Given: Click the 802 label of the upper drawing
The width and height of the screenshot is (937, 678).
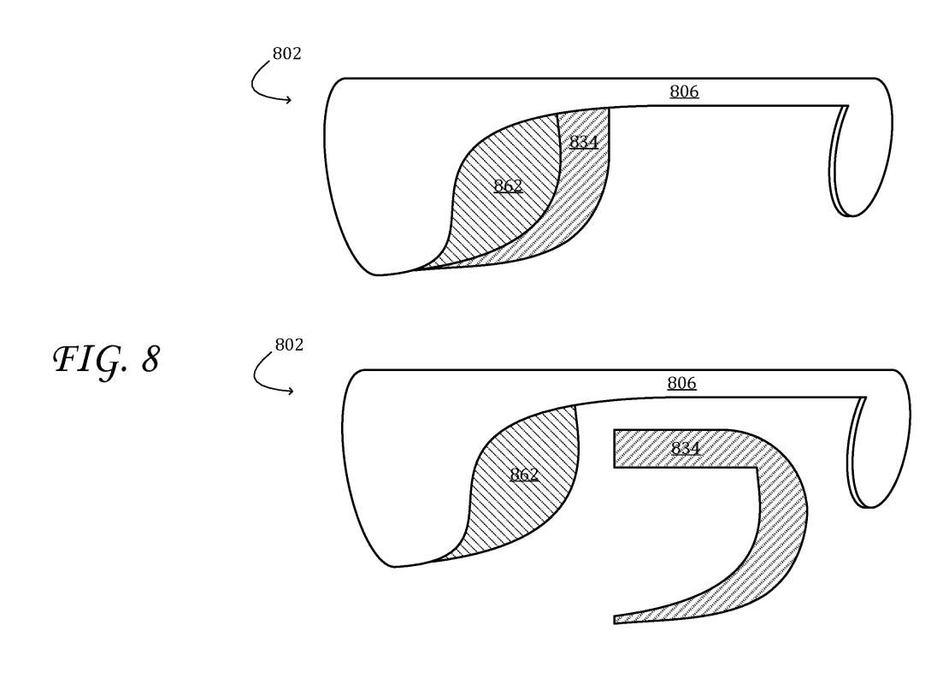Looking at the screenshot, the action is tap(287, 54).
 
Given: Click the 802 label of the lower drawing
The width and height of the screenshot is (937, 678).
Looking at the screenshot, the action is tap(289, 345).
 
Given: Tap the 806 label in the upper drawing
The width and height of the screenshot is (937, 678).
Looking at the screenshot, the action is tap(684, 91).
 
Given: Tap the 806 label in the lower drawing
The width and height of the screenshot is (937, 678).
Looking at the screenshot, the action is tap(682, 383).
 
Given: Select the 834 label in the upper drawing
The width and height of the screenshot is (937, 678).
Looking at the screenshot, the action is tap(583, 142).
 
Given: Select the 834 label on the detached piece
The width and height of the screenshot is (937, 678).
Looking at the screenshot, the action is tap(686, 448).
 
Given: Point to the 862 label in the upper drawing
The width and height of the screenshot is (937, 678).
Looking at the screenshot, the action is tap(509, 186).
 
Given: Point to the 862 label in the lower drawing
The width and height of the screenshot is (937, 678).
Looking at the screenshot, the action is tap(524, 475).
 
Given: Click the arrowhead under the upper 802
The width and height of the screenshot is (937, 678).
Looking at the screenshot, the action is tap(288, 100).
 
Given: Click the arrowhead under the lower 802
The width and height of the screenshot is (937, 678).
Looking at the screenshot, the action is tap(291, 392).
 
